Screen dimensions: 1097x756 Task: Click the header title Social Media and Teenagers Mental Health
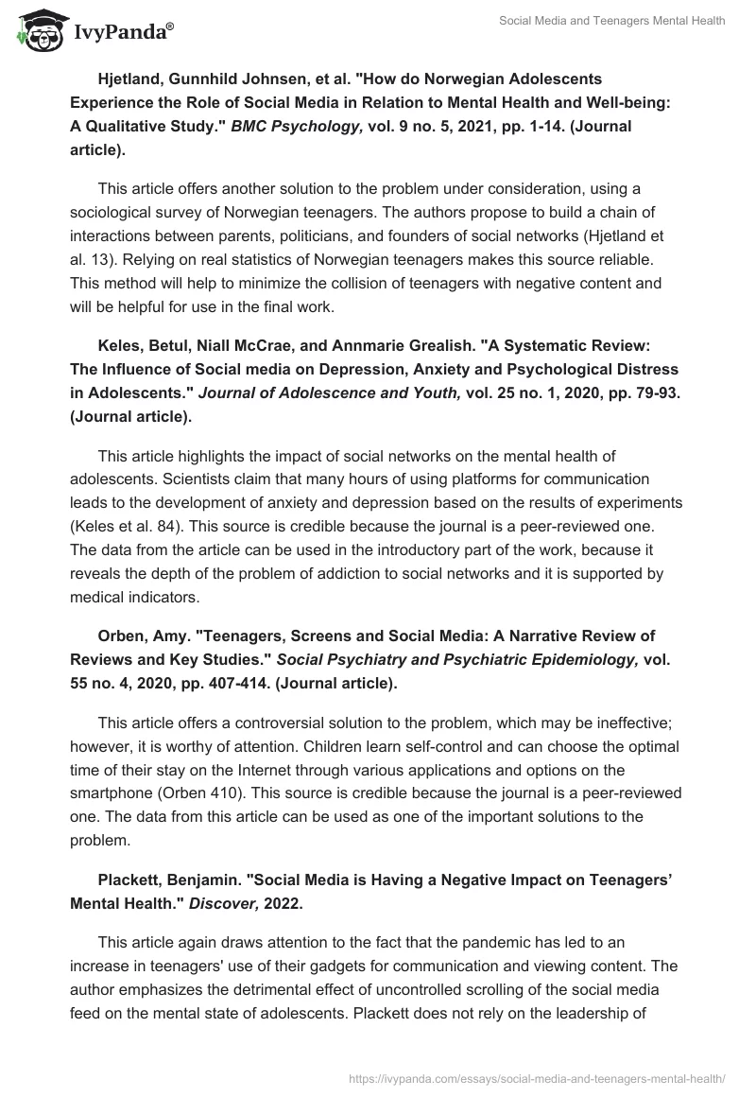click(612, 22)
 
